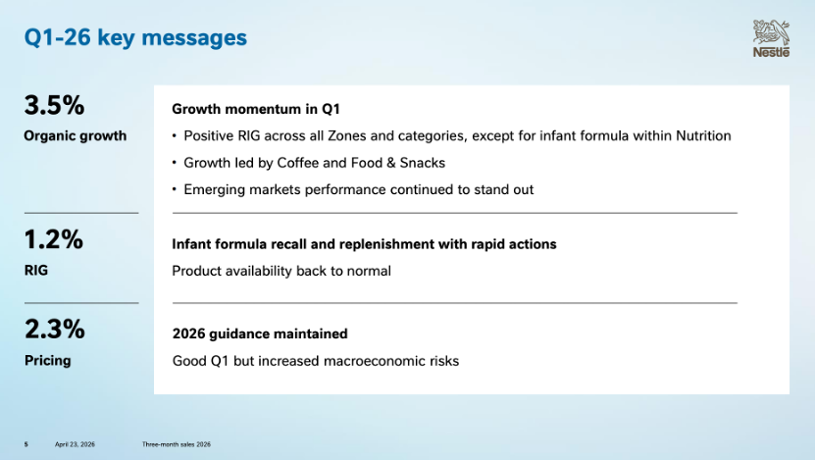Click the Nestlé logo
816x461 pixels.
click(771, 38)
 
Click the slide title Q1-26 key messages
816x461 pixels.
click(135, 38)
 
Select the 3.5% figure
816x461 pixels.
click(54, 105)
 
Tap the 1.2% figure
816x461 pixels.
click(54, 239)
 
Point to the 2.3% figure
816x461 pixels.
click(55, 330)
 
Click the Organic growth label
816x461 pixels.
click(75, 135)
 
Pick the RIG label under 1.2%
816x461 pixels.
click(36, 270)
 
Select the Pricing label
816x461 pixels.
click(47, 360)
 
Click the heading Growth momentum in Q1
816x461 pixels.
click(256, 109)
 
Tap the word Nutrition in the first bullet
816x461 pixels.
click(703, 135)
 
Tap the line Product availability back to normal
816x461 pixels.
click(281, 271)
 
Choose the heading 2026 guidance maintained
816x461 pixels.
click(260, 333)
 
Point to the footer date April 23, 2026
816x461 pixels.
click(75, 444)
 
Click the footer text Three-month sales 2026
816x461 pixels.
click(177, 444)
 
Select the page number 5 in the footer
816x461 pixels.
click(26, 444)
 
